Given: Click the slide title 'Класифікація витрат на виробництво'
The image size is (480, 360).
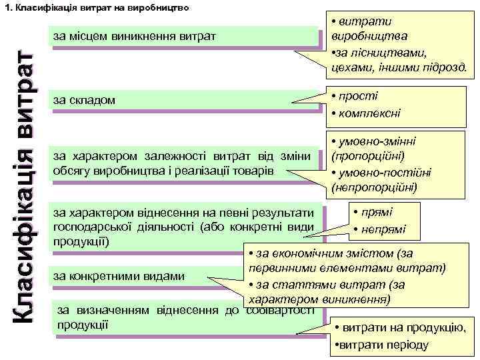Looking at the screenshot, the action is point(101,9).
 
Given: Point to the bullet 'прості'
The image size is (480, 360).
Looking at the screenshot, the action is point(361,96).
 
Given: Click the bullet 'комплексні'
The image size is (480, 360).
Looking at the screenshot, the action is point(370,113).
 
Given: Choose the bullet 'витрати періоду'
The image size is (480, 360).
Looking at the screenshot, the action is point(383,345).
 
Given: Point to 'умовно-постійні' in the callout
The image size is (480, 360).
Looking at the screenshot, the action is point(387,173).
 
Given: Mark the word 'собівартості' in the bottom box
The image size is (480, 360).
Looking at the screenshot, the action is point(281,310).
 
